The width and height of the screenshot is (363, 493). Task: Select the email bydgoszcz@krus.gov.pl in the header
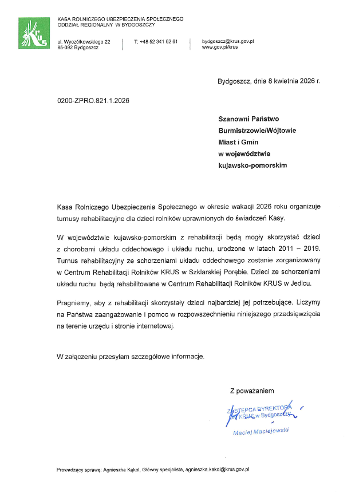[x=228, y=42]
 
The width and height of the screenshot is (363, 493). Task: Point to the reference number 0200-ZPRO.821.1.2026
[x=93, y=101]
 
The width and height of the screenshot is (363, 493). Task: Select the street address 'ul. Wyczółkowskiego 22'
[x=84, y=42]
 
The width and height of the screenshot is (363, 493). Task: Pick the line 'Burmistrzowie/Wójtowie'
[x=257, y=131]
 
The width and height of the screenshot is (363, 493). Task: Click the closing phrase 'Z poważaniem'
[x=252, y=391]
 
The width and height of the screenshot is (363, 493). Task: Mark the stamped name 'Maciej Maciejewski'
[x=261, y=431]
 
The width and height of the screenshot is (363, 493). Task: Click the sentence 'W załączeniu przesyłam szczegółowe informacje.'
[x=131, y=356]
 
